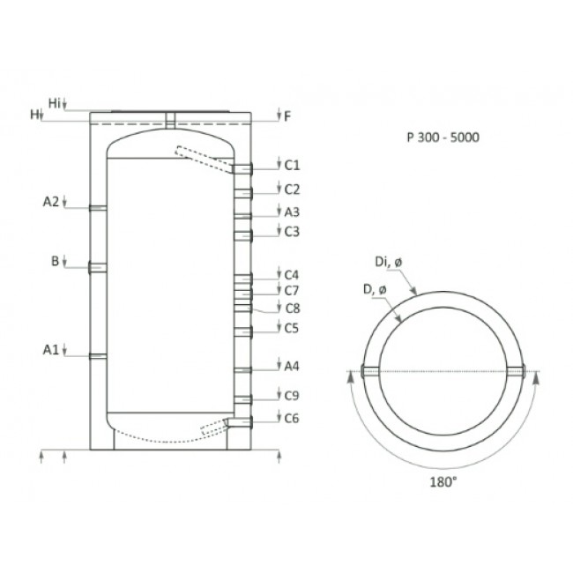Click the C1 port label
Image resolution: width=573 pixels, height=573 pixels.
[293, 165]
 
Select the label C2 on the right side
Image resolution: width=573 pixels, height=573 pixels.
[293, 189]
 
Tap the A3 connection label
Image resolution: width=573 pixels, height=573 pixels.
[293, 212]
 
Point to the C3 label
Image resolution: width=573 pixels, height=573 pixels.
[293, 232]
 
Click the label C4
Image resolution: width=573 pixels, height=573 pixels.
[293, 274]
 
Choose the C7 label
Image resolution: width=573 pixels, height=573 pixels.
[293, 290]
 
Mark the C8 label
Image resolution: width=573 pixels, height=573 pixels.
[293, 308]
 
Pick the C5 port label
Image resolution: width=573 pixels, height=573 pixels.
[293, 328]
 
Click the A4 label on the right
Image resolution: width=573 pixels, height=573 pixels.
[293, 365]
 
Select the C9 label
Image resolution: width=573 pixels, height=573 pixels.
[293, 396]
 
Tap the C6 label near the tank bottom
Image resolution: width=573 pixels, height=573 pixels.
[293, 419]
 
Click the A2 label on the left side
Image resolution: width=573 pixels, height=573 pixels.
[51, 202]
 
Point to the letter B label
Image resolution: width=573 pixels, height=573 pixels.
[55, 261]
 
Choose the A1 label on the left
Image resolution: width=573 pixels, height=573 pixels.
[51, 350]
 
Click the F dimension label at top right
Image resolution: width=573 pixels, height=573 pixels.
[287, 115]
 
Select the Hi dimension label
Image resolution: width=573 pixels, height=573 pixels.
[55, 103]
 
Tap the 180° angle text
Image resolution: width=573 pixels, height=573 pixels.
[444, 482]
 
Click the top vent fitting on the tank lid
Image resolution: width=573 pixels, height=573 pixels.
[172, 117]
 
